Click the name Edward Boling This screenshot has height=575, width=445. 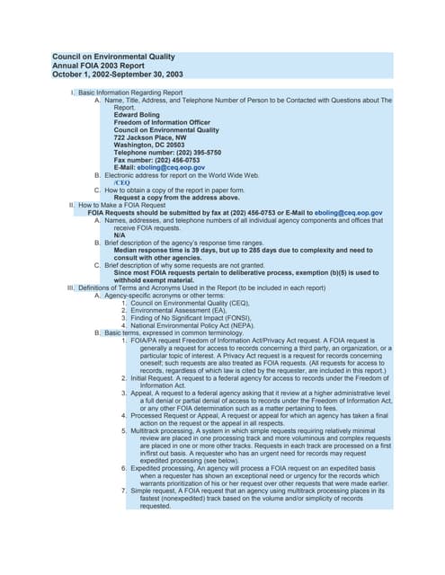[138, 114]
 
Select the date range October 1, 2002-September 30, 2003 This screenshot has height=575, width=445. [118, 75]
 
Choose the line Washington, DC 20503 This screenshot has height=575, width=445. [149, 145]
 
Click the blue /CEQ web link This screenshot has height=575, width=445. [122, 182]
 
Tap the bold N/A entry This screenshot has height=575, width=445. [120, 235]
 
